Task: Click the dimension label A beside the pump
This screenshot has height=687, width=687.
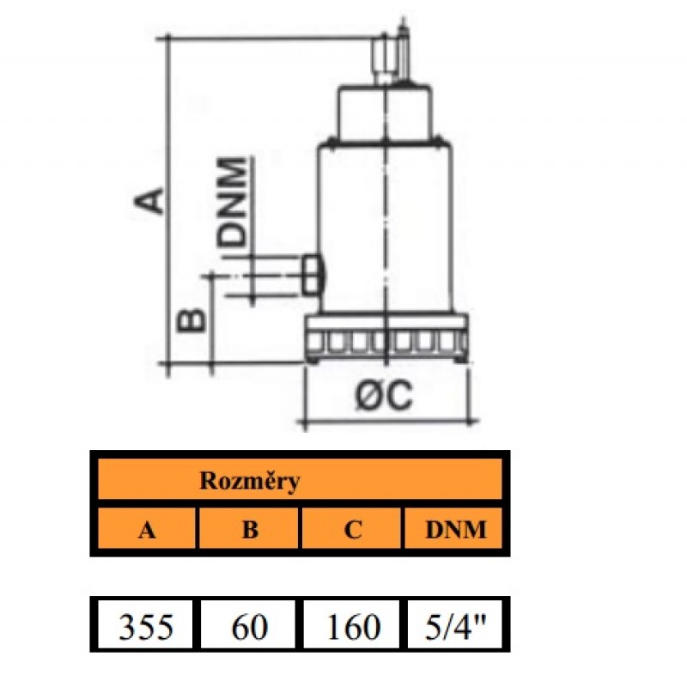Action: click(x=151, y=197)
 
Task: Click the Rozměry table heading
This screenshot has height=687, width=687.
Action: click(x=250, y=482)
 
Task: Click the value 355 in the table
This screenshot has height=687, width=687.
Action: click(x=146, y=628)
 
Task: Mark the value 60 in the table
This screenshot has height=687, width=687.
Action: click(x=249, y=628)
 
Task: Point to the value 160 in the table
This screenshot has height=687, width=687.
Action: click(x=352, y=628)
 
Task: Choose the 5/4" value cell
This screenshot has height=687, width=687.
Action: click(x=455, y=628)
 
